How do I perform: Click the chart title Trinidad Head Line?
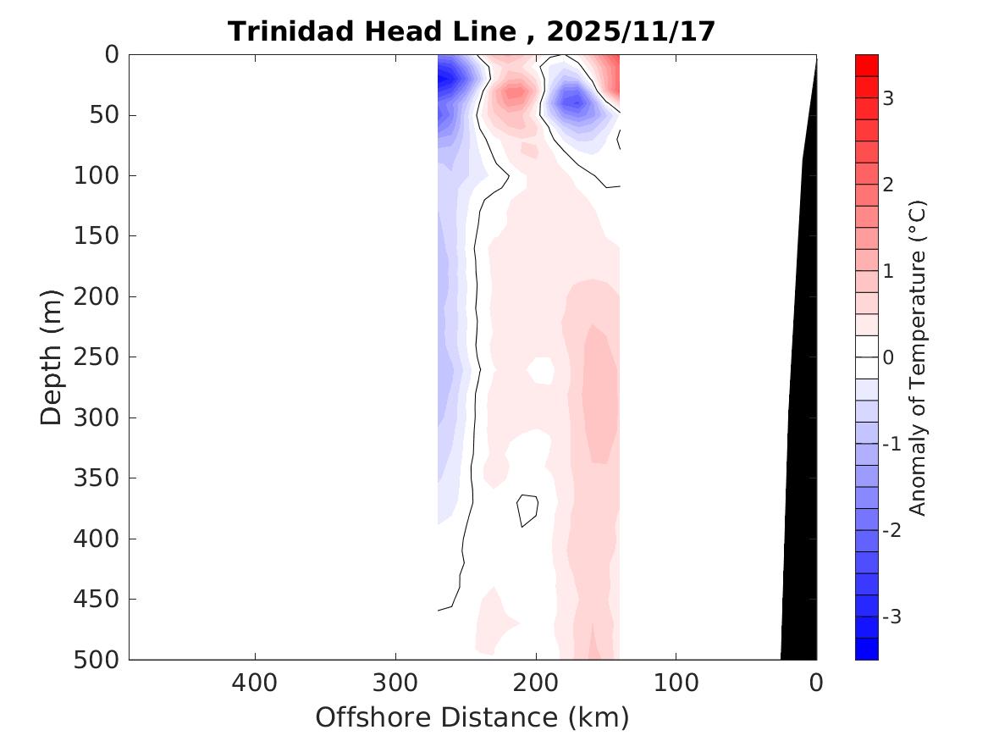click(x=373, y=32)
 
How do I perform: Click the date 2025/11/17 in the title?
click(x=631, y=32)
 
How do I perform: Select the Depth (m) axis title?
click(x=52, y=357)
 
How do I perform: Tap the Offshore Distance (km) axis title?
click(x=472, y=717)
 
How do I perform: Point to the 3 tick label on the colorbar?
click(x=888, y=98)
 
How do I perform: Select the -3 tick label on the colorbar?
click(x=890, y=617)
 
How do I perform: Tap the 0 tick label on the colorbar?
click(x=888, y=357)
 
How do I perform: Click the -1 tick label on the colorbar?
click(x=890, y=444)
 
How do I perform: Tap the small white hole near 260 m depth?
click(x=541, y=370)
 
